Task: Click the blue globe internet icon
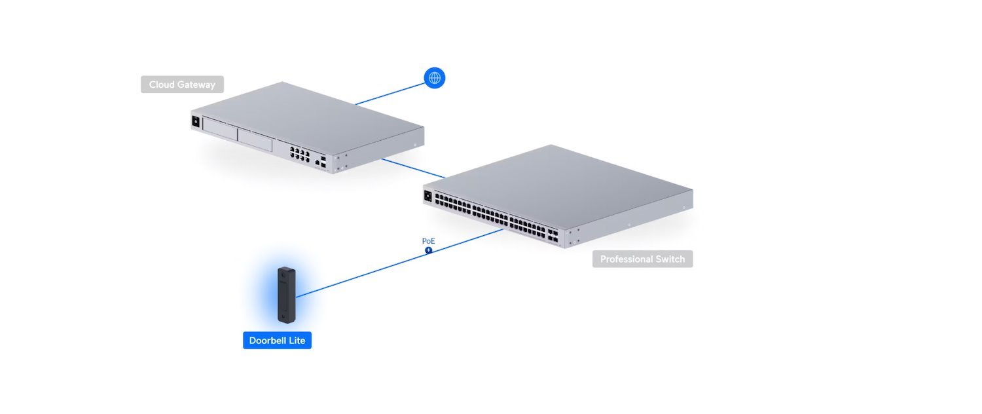coord(434,78)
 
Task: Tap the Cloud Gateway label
coord(182,85)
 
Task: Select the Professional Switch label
coord(642,259)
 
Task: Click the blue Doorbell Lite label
coord(277,341)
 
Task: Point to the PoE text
coord(428,241)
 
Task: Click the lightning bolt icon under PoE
coord(428,250)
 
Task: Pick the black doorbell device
coord(287,294)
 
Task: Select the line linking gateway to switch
coord(412,168)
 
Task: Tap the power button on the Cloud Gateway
coord(195,121)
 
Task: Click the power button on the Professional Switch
coord(429,195)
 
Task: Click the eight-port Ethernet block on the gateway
coord(300,155)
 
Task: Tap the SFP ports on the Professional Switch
coord(553,235)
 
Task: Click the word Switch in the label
coord(669,259)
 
